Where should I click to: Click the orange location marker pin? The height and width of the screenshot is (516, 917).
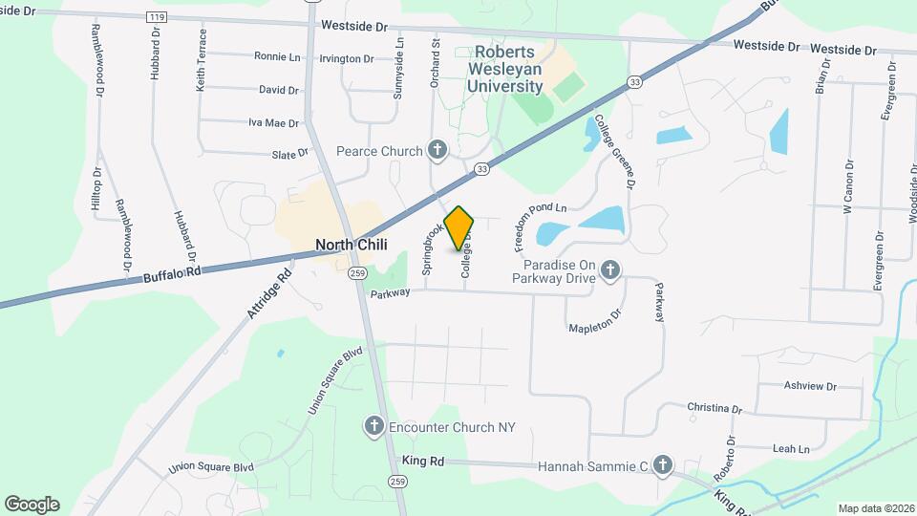pyautogui.click(x=459, y=228)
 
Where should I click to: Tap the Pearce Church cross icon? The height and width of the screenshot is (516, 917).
pyautogui.click(x=437, y=150)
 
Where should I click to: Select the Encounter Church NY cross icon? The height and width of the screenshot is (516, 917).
pyautogui.click(x=375, y=426)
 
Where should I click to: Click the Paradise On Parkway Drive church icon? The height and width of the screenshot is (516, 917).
pyautogui.click(x=610, y=272)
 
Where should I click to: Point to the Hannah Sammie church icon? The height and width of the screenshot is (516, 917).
pyautogui.click(x=663, y=466)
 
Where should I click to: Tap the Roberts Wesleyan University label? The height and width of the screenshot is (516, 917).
pyautogui.click(x=505, y=70)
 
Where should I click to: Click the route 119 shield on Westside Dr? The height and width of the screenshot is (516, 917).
pyautogui.click(x=156, y=17)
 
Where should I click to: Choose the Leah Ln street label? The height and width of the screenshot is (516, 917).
pyautogui.click(x=790, y=448)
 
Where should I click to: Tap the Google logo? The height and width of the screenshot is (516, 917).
pyautogui.click(x=32, y=504)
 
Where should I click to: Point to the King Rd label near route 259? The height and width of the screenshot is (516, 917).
pyautogui.click(x=423, y=461)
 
